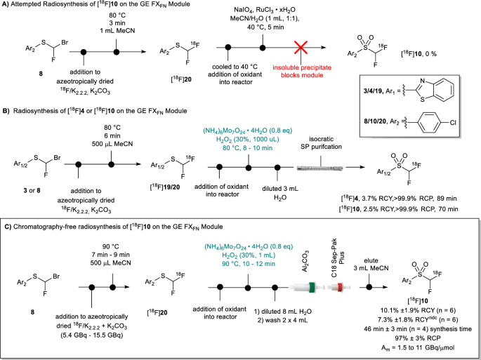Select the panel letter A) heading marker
(x=7, y=6)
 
